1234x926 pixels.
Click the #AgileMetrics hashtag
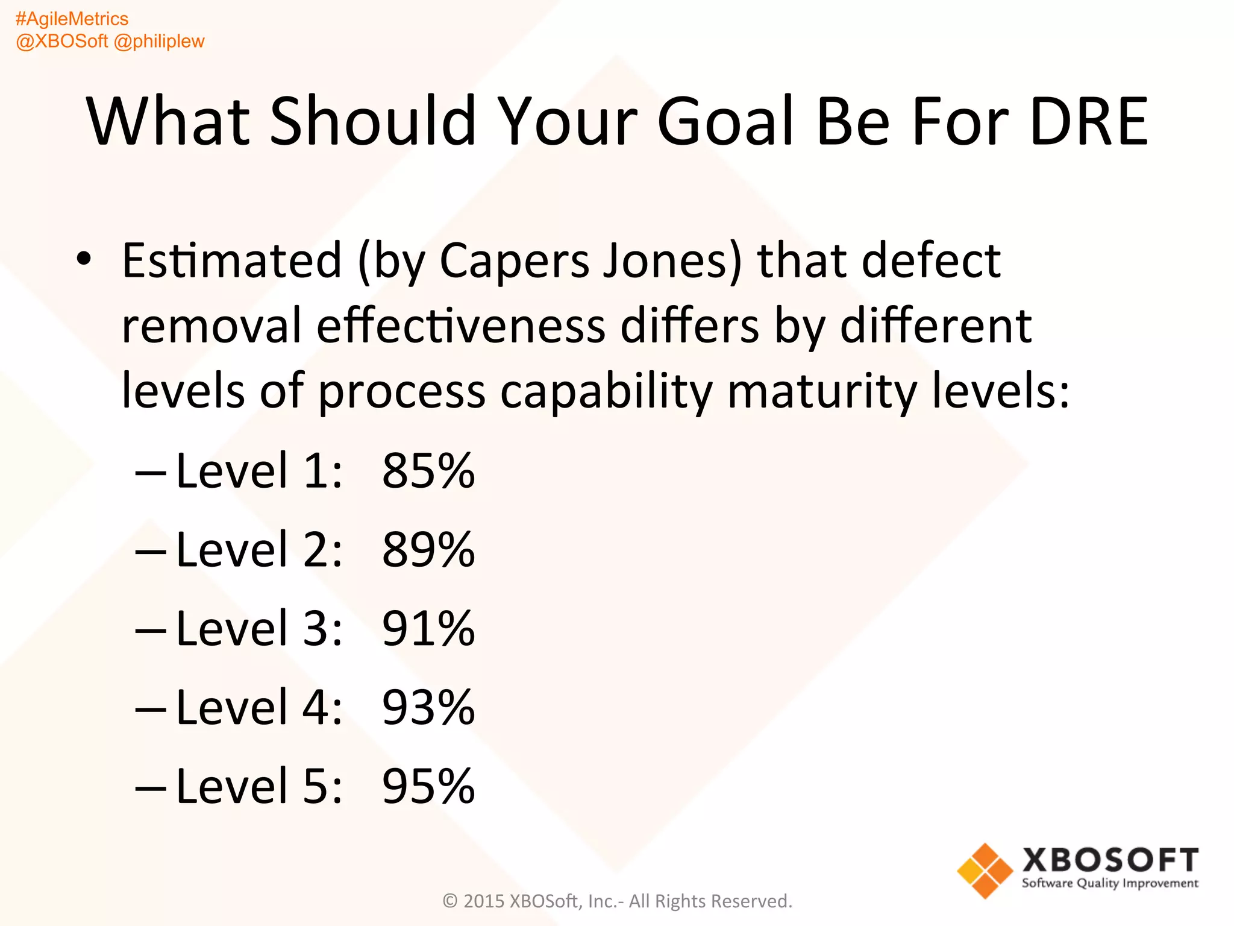click(72, 19)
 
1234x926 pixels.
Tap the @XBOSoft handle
click(61, 42)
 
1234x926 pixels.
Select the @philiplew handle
click(159, 42)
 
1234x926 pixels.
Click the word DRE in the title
click(1088, 122)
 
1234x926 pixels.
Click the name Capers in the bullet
click(514, 261)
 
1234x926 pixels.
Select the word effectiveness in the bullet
click(461, 326)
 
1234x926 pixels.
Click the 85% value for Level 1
click(428, 471)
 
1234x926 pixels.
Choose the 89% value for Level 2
click(428, 550)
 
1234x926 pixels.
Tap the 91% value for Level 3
click(428, 629)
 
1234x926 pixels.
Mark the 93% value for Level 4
click(428, 708)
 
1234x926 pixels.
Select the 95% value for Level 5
click(428, 787)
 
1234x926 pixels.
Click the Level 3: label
click(259, 629)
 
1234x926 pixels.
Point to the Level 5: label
click(259, 787)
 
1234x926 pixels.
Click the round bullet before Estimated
click(84, 259)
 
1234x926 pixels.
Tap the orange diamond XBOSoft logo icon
click(985, 871)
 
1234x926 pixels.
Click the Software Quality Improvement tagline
click(1110, 884)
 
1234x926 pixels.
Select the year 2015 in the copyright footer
click(484, 901)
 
